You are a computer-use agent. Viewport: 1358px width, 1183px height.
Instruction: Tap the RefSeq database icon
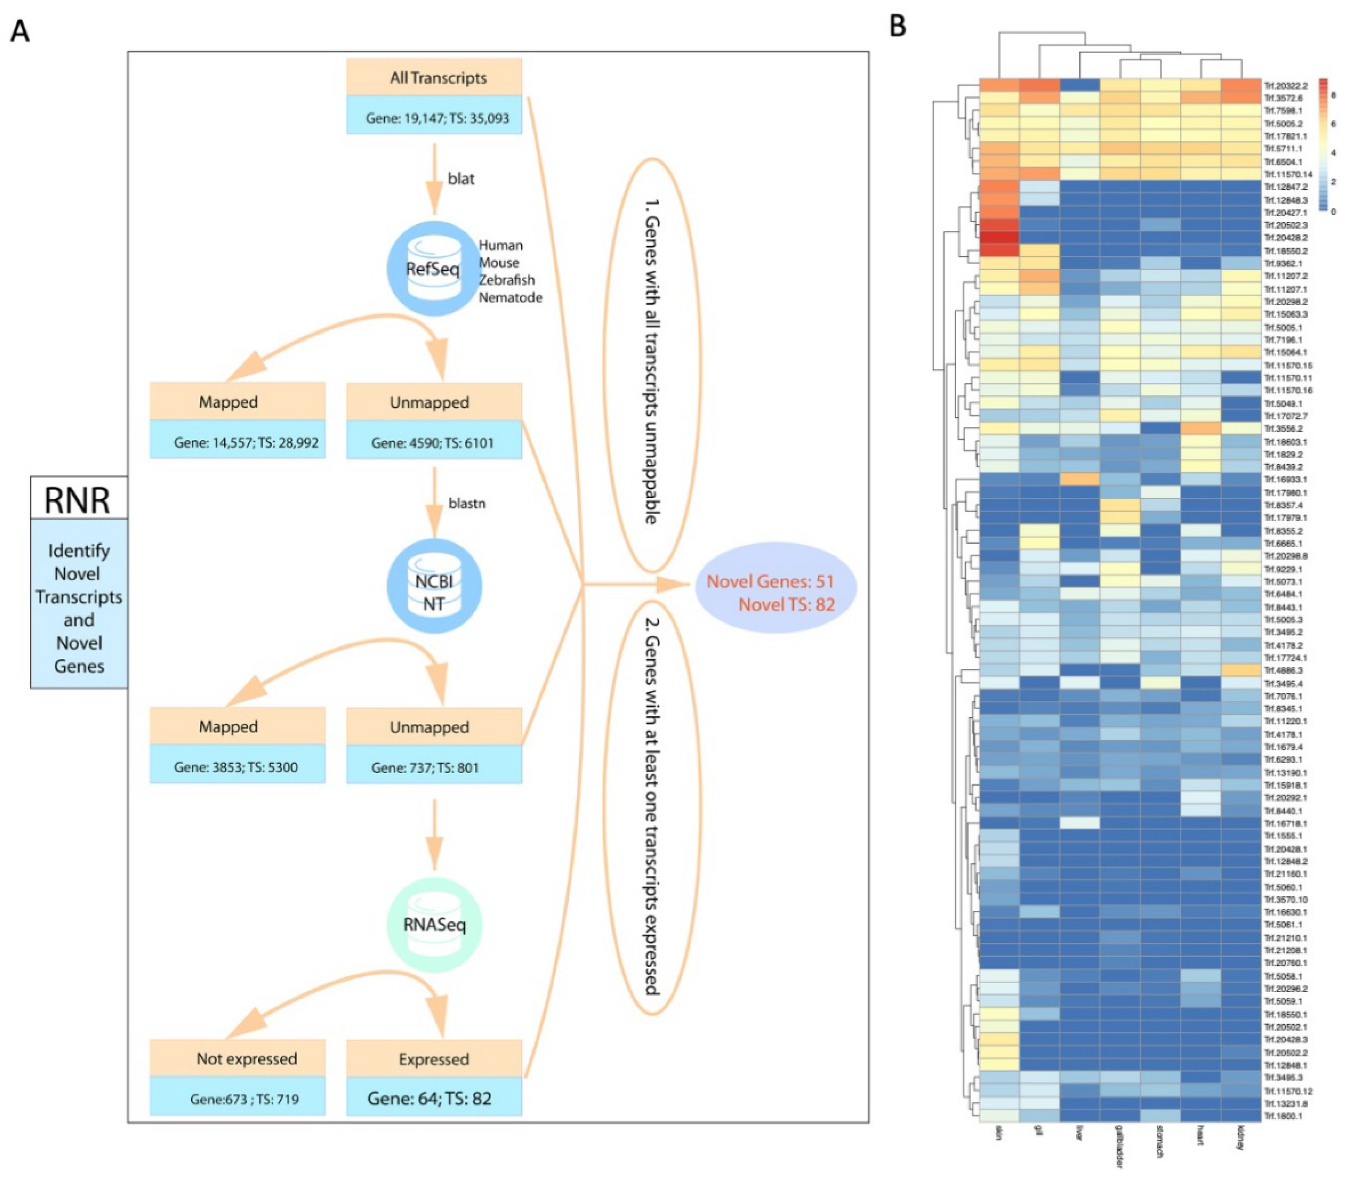coord(433,269)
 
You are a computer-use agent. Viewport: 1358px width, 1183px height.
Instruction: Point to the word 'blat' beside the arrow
coord(461,179)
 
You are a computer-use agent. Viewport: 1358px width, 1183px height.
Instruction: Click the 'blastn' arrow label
coord(466,503)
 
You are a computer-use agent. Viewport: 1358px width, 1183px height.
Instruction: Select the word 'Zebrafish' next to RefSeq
coord(506,280)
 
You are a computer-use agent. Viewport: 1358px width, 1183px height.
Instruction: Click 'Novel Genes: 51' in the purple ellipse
coord(770,581)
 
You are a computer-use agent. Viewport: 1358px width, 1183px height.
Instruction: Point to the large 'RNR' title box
coord(78,499)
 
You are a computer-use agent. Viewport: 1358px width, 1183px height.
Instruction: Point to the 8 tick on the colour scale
coord(1333,96)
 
